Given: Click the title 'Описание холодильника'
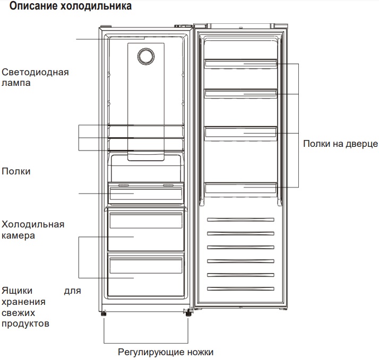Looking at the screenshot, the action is coord(71,6).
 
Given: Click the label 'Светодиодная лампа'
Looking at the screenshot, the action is coord(35,77).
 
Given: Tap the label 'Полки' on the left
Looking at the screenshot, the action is coord(16,171).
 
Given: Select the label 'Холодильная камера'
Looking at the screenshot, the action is coord(33,230).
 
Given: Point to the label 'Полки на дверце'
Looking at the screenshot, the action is coord(340,144).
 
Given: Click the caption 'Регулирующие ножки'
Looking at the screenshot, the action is coord(166,352).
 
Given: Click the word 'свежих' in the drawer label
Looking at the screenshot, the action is coord(19,313).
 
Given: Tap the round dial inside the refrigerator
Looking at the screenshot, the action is coord(146,56).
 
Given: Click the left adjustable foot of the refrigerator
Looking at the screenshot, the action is coord(104,313).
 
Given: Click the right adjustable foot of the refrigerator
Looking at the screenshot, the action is coord(187,313).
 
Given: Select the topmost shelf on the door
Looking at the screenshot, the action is coord(241,63).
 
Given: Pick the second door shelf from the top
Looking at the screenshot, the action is coord(241,93).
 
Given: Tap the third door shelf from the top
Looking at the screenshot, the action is coord(241,133).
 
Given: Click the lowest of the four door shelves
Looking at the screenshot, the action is coord(241,188).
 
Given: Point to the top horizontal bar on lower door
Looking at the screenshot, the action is coord(241,219).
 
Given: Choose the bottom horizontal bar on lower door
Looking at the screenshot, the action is coord(241,289).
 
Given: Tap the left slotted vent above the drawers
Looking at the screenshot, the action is coord(124,186).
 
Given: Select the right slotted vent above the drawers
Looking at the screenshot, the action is coord(168,186).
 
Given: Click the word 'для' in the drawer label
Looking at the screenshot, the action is coord(72,291).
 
